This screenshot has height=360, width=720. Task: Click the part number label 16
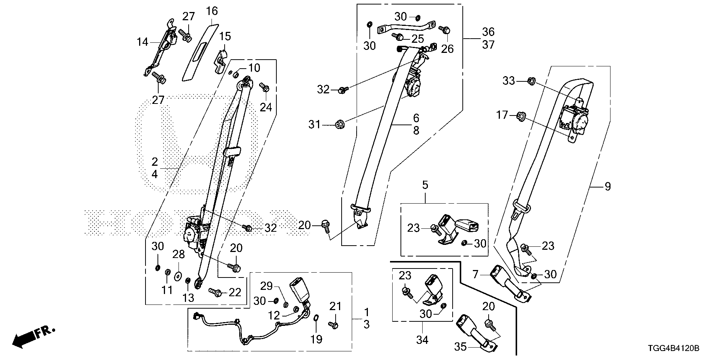(x=212, y=11)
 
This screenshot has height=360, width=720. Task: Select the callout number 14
(x=142, y=42)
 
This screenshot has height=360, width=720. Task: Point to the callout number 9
(x=607, y=186)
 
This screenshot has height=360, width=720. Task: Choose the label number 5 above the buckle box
(x=425, y=185)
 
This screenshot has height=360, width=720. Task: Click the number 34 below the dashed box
(x=422, y=340)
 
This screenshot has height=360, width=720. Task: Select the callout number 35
(x=461, y=347)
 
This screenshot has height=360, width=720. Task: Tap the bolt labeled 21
(x=333, y=325)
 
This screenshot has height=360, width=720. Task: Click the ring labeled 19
(x=316, y=318)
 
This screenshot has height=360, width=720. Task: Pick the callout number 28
(x=178, y=254)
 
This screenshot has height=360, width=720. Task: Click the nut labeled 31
(x=340, y=123)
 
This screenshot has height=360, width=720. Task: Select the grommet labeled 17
(x=521, y=116)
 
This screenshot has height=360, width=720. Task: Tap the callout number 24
(x=266, y=107)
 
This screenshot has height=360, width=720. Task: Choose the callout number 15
(x=225, y=36)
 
